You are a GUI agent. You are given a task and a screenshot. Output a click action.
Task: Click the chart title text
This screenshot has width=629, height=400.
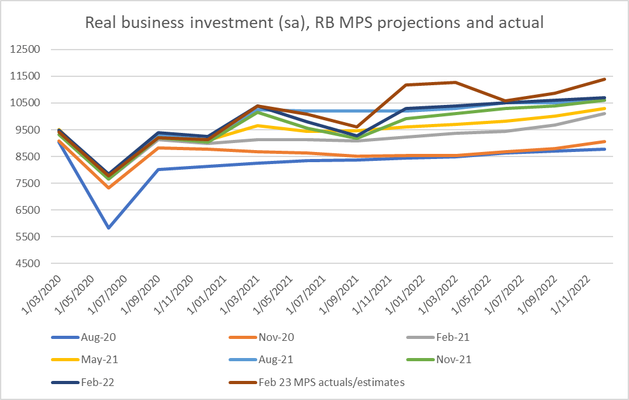314,24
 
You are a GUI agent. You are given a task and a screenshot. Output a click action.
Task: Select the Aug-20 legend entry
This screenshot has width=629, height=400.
94,336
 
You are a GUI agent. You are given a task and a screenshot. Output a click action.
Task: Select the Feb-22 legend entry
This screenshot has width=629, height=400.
94,382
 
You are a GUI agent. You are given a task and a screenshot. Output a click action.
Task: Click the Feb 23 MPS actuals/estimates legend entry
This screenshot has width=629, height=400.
331,382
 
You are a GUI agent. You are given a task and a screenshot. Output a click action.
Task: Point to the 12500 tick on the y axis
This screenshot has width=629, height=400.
27,50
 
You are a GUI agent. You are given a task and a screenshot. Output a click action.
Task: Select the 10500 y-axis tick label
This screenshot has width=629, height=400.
27,103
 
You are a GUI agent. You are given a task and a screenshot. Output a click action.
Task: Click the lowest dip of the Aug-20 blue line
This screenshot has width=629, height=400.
109,227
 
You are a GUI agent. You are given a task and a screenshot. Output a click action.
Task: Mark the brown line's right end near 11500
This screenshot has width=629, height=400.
604,79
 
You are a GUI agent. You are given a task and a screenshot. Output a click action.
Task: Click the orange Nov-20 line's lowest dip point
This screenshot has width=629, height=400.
109,187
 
